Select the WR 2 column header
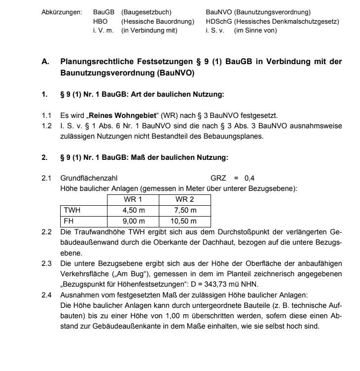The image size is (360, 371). [185, 200]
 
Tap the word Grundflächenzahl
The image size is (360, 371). [89, 178]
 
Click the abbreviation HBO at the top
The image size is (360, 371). [100, 22]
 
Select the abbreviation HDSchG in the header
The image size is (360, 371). [218, 22]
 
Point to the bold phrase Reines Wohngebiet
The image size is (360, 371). [116, 115]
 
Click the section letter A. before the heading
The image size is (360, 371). [45, 62]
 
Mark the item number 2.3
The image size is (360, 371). [46, 263]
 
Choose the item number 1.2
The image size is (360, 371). [46, 126]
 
